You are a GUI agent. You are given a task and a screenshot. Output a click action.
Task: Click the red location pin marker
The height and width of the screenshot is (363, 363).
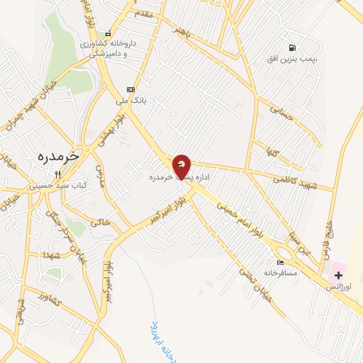182,166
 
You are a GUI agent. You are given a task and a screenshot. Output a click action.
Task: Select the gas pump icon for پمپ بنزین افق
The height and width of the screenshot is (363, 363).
291,48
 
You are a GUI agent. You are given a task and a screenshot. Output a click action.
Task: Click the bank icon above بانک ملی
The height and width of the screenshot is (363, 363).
130,89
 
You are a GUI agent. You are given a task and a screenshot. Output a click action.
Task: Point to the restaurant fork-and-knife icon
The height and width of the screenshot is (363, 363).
59,174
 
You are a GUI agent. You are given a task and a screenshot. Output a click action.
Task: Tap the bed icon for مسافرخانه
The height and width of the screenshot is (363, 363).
281,262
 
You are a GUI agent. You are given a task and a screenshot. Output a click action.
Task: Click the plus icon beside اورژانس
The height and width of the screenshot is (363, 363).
337,274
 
